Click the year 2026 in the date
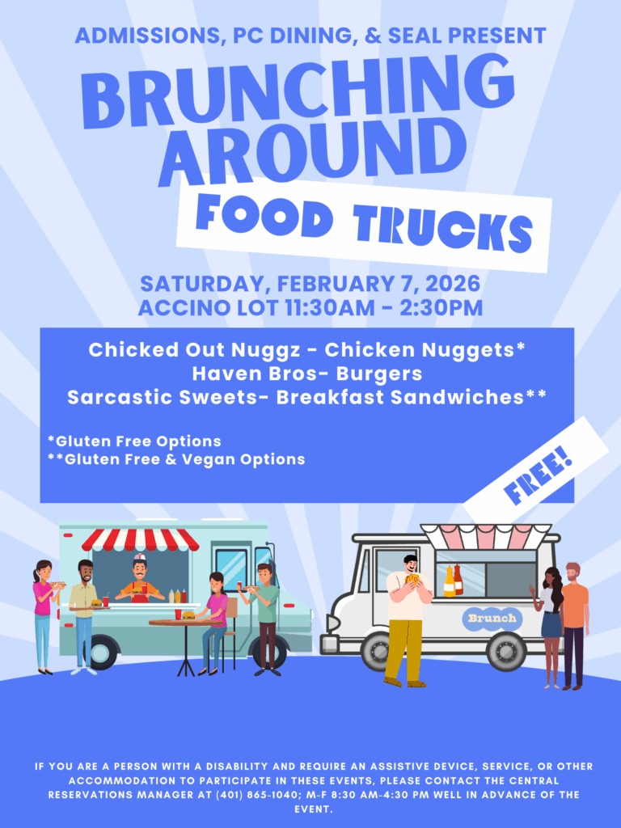[450, 285]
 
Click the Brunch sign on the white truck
[492, 619]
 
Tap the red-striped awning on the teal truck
[141, 539]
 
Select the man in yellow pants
[405, 619]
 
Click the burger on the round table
[187, 615]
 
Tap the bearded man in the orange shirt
[574, 623]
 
